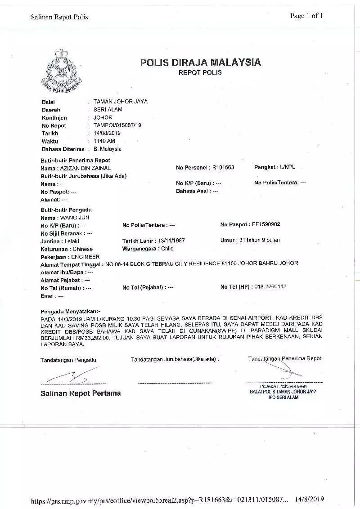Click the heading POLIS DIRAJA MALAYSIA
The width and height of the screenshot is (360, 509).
tap(200, 63)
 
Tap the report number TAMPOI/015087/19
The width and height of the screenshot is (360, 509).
tap(117, 125)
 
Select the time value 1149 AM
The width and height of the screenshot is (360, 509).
tap(104, 141)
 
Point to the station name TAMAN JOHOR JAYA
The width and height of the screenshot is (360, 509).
tap(120, 102)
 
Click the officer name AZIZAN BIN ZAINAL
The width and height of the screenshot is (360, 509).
tap(85, 168)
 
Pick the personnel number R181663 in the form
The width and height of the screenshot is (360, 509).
tap(223, 168)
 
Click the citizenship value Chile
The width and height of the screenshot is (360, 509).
tap(167, 249)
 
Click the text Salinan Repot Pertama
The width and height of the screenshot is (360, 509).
tap(81, 393)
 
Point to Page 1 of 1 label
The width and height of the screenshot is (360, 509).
tap(306, 16)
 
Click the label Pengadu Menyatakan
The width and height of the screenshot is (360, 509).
tap(71, 311)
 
